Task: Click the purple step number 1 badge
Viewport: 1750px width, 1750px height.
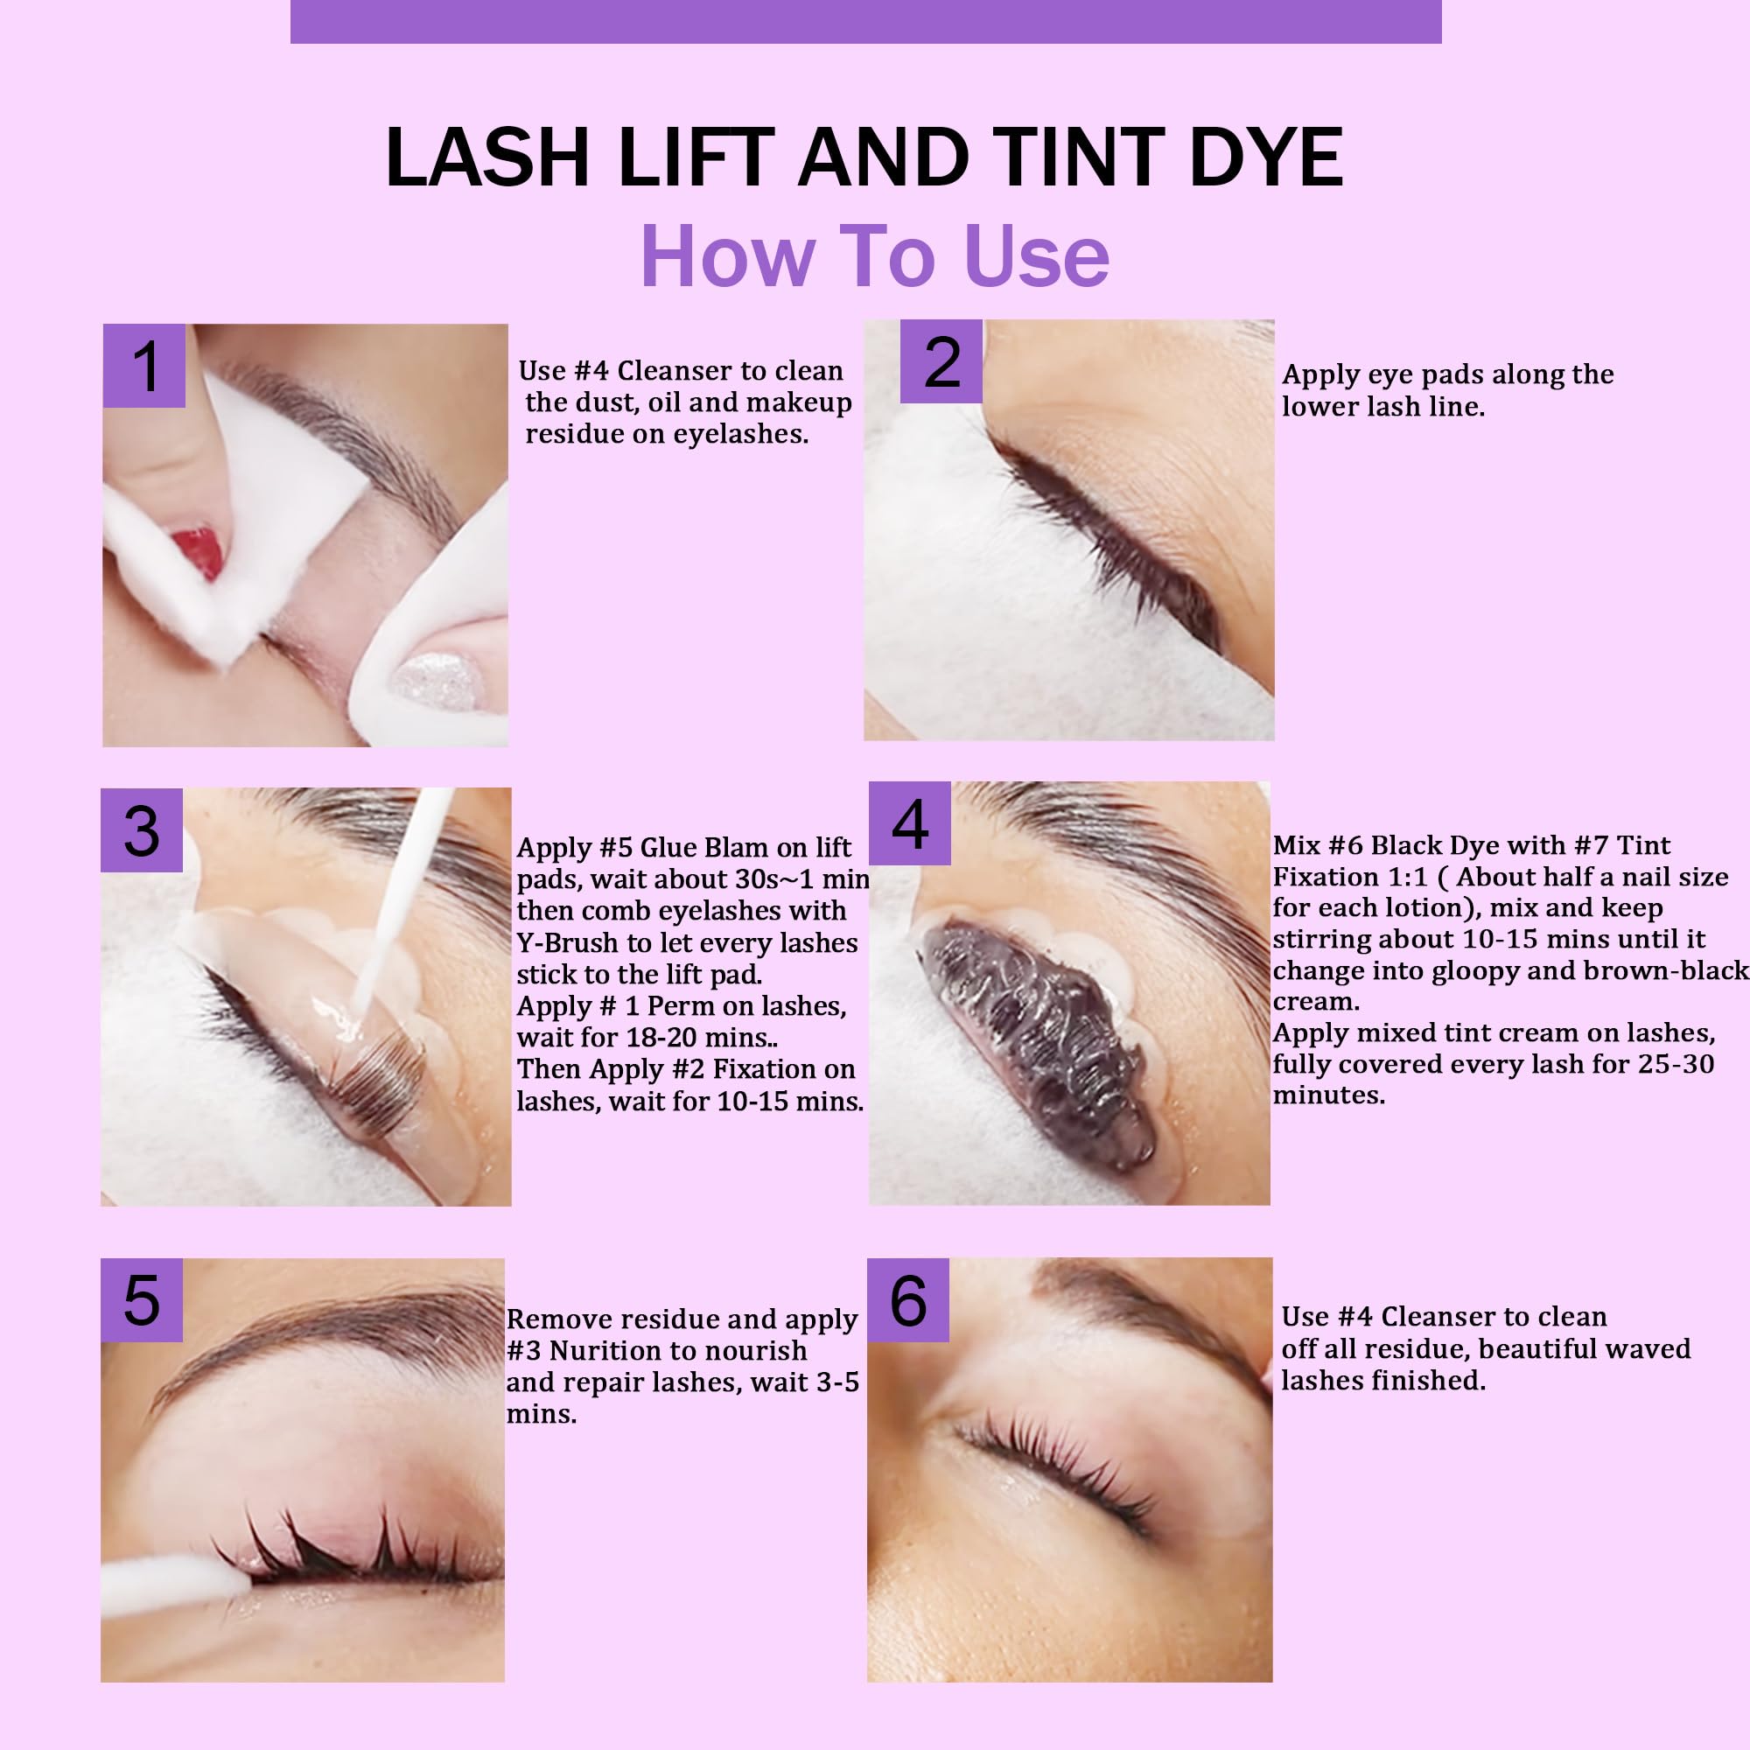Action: [x=144, y=365]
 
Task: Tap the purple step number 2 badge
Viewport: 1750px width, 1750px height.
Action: [x=941, y=361]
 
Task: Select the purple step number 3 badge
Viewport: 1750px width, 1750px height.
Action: [x=141, y=829]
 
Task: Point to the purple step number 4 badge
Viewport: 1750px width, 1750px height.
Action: [x=909, y=823]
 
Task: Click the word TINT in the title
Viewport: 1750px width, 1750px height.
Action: [x=1082, y=157]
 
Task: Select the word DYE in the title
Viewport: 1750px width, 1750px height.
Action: [x=1266, y=157]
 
